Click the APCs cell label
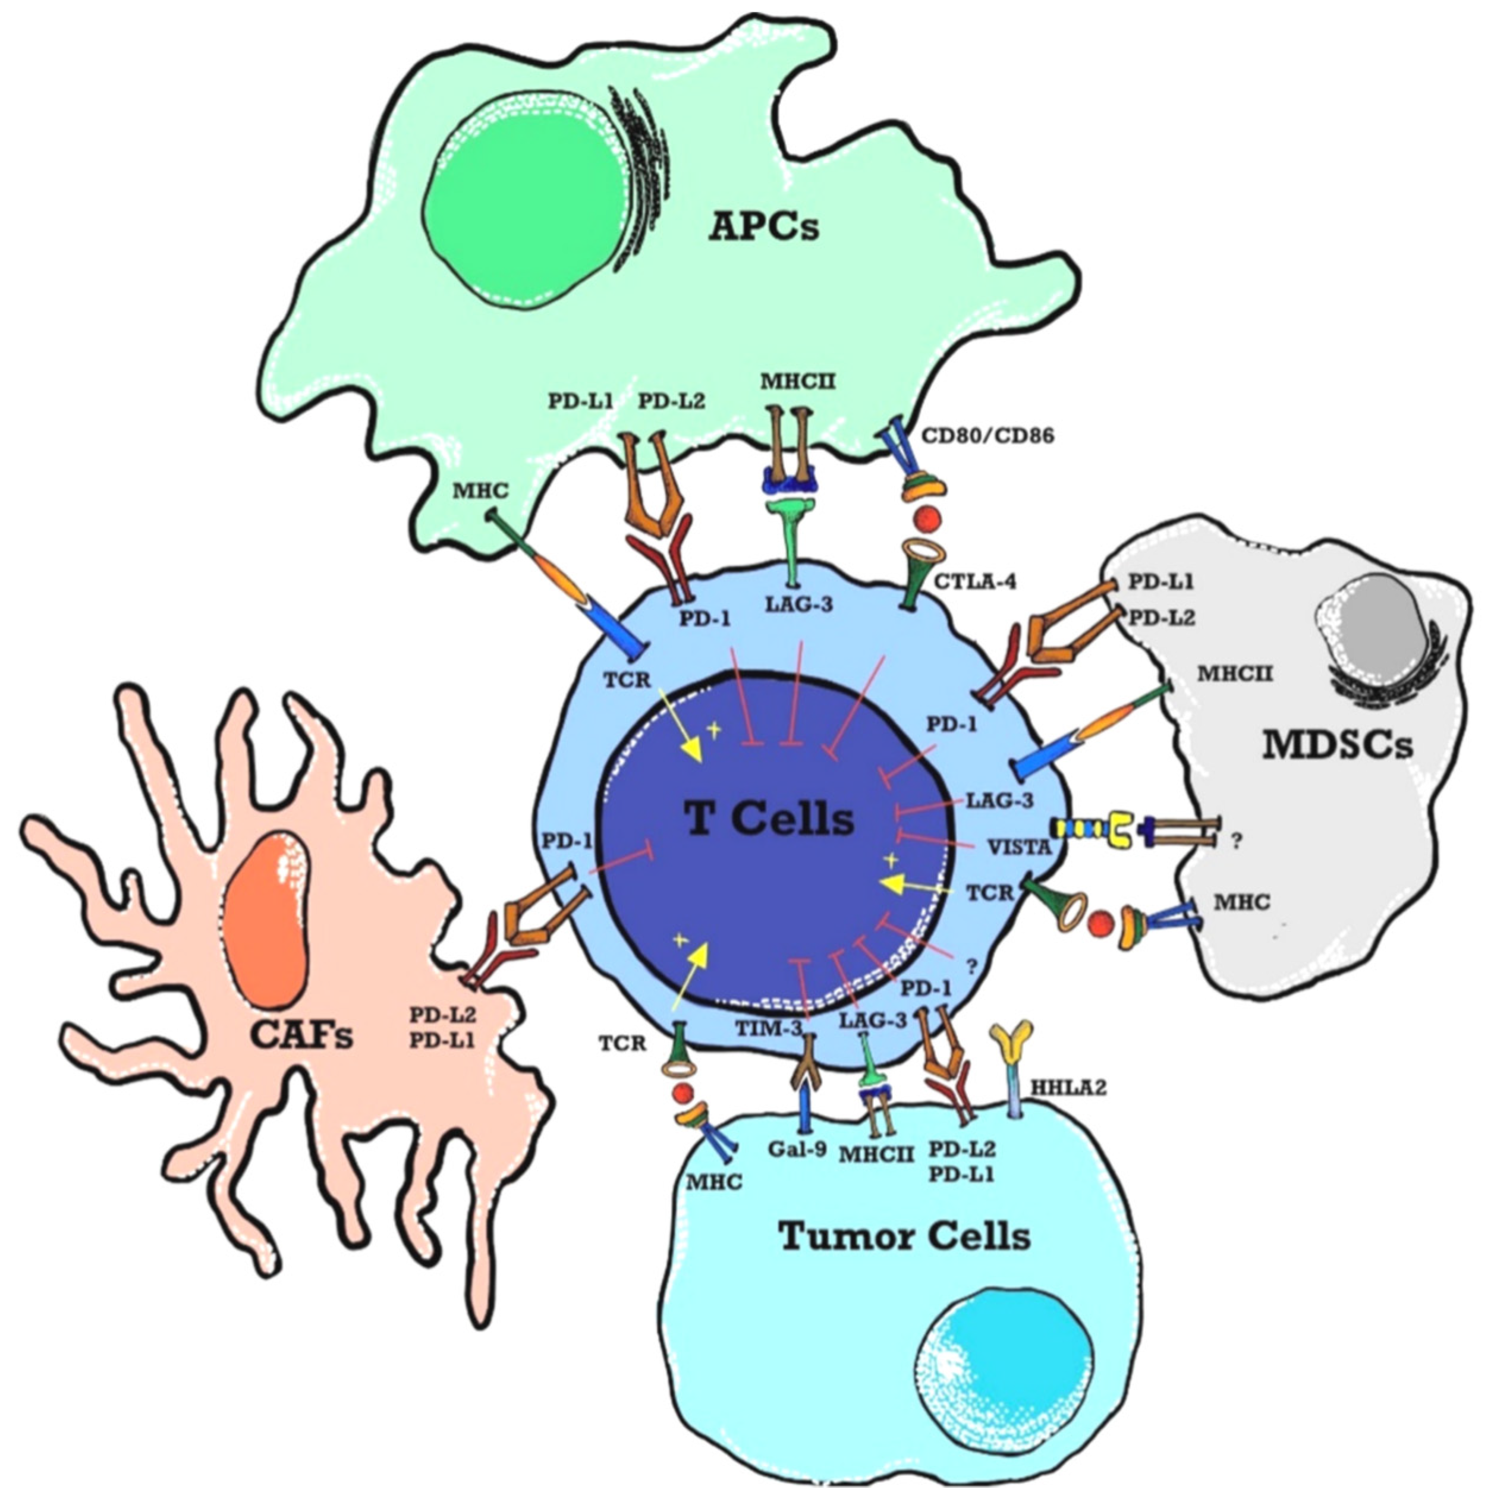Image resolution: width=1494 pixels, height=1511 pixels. click(763, 227)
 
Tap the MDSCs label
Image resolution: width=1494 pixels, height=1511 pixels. click(1338, 745)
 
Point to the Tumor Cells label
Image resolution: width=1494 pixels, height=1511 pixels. click(904, 1236)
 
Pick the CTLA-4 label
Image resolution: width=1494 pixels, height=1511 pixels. click(974, 581)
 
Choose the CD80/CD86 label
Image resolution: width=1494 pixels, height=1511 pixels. click(987, 436)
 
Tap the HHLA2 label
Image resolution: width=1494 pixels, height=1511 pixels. click(1068, 1087)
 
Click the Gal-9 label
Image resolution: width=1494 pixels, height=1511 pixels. click(797, 1149)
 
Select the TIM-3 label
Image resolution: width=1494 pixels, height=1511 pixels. click(769, 1028)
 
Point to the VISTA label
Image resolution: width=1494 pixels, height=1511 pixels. click(1018, 846)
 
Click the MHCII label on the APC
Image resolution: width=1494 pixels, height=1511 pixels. click(798, 382)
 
